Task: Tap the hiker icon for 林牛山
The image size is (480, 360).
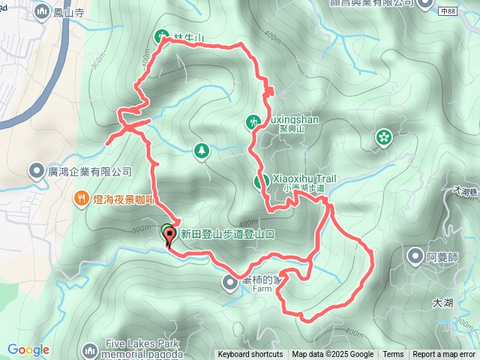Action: pos(162,35)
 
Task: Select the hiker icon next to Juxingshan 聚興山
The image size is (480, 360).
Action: pos(253,121)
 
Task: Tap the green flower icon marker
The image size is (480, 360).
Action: pos(384,136)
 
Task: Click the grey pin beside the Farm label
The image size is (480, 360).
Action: pos(230,282)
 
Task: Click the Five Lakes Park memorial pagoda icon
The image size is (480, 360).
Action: pos(90,350)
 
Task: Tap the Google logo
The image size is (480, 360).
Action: pos(28,349)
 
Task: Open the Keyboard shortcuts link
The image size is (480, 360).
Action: pos(250,355)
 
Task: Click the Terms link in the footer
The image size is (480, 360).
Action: pos(393,355)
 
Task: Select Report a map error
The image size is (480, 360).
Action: pos(445,355)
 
